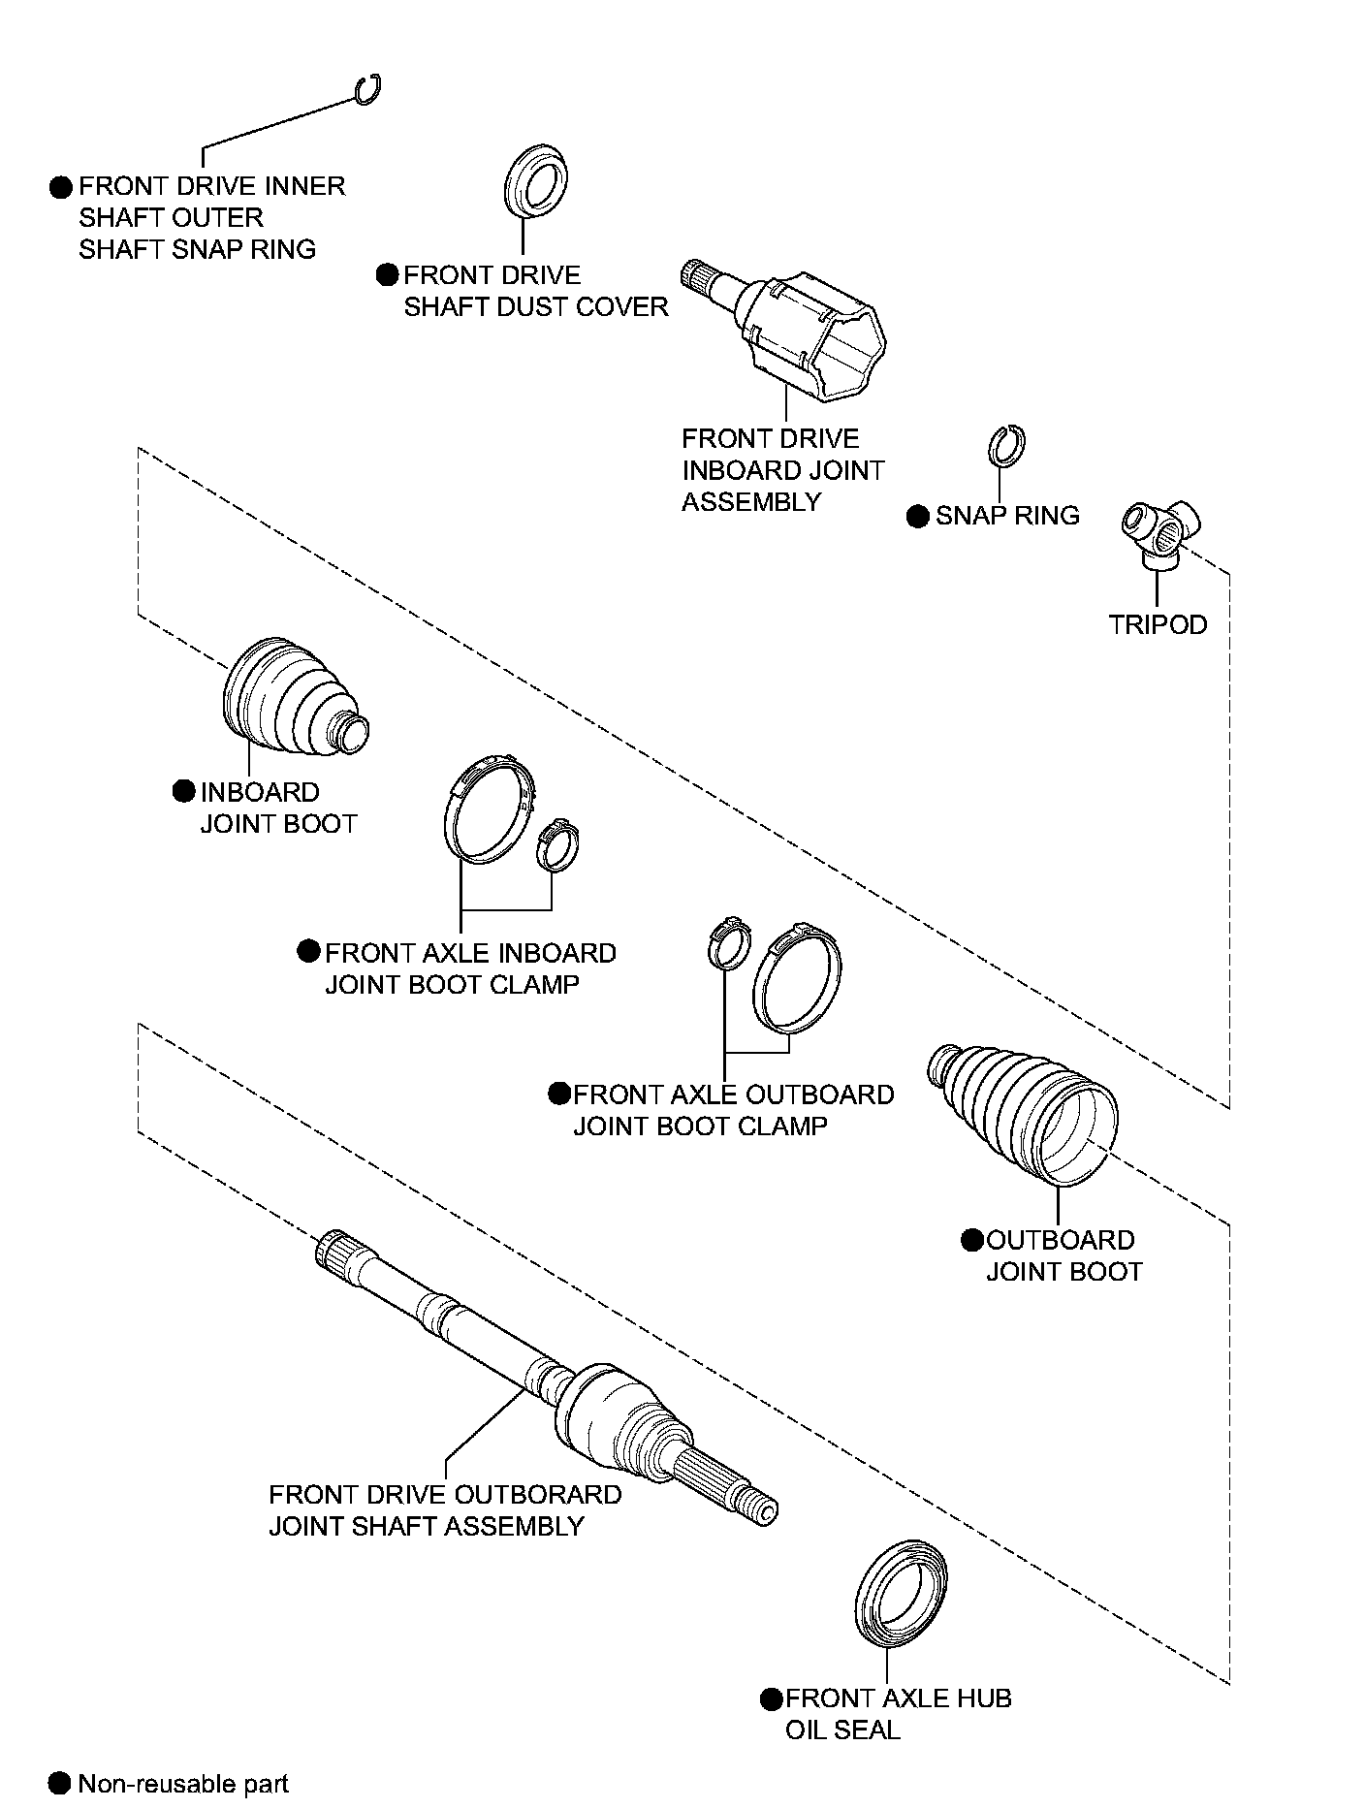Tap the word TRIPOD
click(x=1158, y=624)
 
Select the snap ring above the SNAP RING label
click(x=1006, y=446)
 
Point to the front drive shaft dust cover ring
click(x=536, y=182)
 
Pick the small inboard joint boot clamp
click(x=557, y=843)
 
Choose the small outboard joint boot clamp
click(x=727, y=943)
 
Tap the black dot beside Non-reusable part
click(x=60, y=1782)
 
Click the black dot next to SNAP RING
click(x=917, y=516)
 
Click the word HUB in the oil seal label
click(x=987, y=1698)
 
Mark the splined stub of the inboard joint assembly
click(x=698, y=279)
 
